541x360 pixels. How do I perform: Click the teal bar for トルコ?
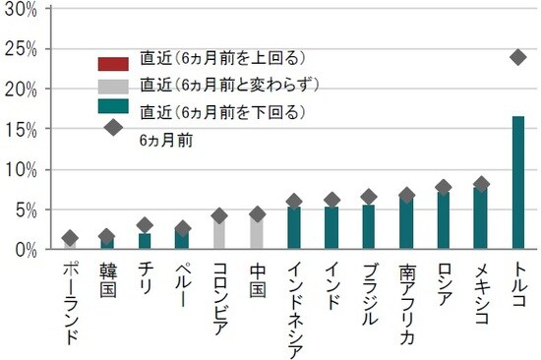pos(518,183)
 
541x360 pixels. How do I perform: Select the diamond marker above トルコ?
pos(518,57)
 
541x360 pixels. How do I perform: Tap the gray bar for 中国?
pos(257,232)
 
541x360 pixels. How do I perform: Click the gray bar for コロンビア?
pos(219,233)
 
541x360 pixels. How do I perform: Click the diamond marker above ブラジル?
pos(369,197)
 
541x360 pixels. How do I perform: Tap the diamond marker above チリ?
pos(145,225)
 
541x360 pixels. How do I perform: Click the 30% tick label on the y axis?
pos(21,9)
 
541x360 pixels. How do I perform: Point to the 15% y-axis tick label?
pos(21,130)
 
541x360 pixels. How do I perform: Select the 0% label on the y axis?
pos(25,250)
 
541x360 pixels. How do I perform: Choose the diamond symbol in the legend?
pos(113,127)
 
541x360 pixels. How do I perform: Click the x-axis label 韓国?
pos(107,273)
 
